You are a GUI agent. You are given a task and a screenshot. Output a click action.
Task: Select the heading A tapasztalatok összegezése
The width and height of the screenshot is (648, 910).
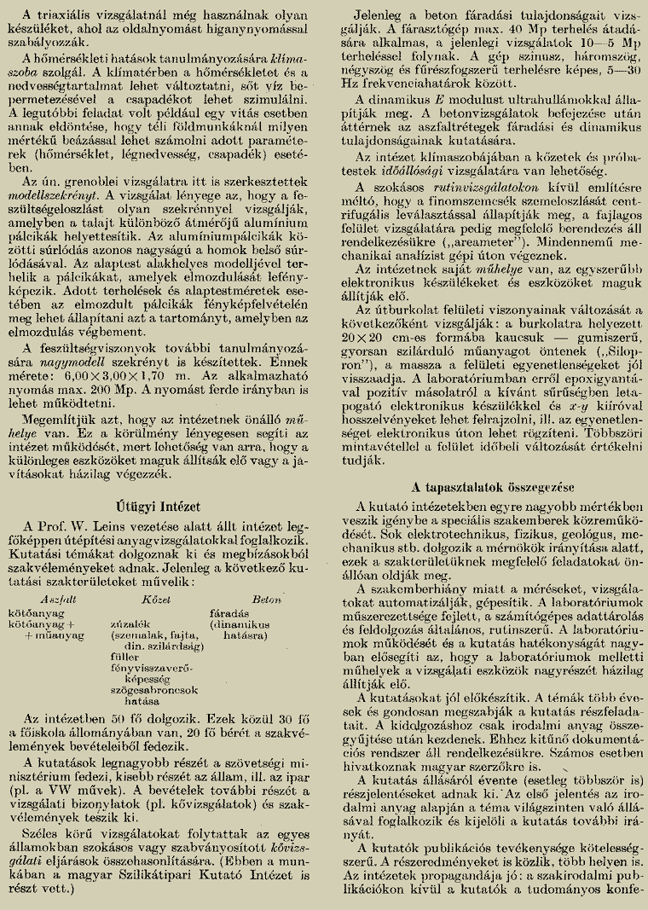click(x=481, y=488)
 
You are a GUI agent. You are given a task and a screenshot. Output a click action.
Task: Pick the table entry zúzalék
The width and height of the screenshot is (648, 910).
click(x=120, y=623)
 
